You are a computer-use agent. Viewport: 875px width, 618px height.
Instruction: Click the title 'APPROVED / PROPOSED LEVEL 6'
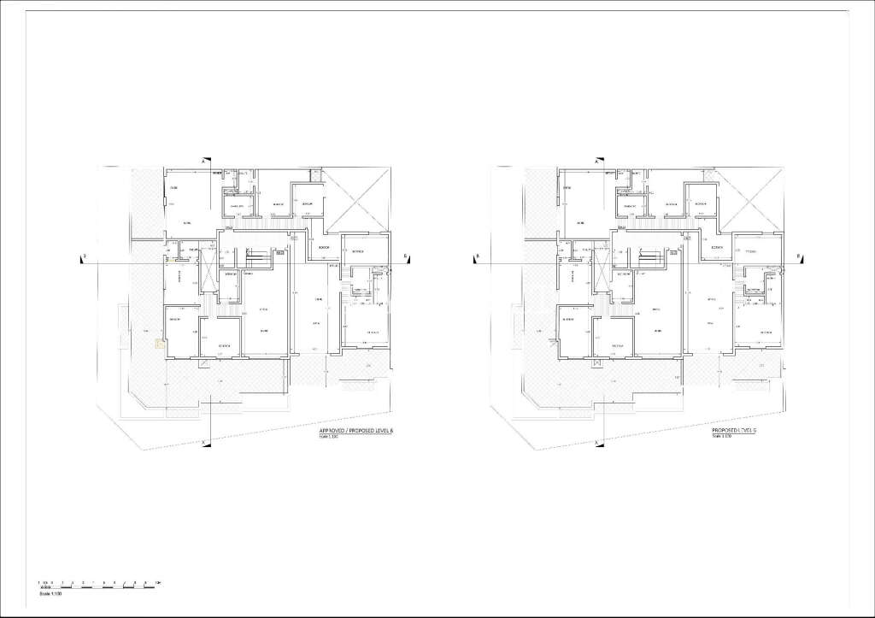355,433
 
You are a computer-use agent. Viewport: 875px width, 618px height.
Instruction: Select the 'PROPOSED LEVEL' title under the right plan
734,433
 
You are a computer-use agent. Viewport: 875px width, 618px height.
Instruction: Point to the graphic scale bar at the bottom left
99,585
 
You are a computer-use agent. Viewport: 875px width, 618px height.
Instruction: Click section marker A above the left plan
203,161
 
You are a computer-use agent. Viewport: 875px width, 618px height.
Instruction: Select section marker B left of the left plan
82,256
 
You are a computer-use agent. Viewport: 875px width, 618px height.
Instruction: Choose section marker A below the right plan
595,443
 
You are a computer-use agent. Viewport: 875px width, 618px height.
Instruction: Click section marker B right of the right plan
797,256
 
